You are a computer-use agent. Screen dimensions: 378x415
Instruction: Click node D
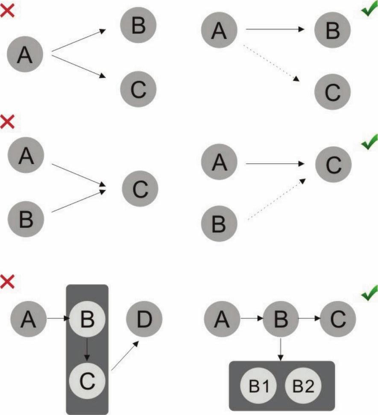(x=144, y=319)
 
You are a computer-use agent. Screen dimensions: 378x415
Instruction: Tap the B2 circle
(x=303, y=386)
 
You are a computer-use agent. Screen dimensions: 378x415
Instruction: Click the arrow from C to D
(x=125, y=355)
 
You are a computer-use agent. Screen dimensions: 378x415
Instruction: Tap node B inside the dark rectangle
(x=87, y=319)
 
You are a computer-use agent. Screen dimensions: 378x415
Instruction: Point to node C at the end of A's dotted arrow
(x=333, y=92)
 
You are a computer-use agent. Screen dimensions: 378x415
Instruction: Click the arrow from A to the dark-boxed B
(x=56, y=319)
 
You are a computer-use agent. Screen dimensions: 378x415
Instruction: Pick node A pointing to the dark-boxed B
(x=28, y=319)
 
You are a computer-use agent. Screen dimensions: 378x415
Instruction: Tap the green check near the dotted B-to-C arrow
(x=369, y=142)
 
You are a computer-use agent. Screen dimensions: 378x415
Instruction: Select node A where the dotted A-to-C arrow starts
(x=219, y=29)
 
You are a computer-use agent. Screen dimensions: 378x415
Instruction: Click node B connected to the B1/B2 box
(x=281, y=319)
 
